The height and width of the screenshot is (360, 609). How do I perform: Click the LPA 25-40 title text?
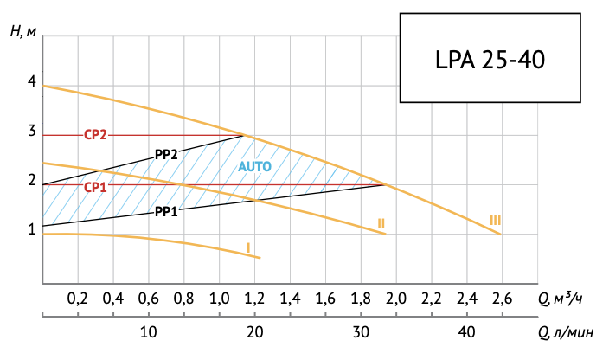coord(489,61)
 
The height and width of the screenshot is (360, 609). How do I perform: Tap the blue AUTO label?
coord(255,165)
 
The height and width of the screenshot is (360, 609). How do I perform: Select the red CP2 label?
coord(95,135)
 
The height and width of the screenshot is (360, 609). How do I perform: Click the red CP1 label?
coord(95,186)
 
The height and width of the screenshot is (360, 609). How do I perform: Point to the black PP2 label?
coord(166,155)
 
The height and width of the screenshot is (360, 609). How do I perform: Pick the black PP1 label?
coord(166,211)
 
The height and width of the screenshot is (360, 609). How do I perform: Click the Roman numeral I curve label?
coord(248,247)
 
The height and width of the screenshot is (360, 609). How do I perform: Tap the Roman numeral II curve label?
coord(381,223)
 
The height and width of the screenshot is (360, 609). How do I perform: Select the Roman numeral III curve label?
coord(495,220)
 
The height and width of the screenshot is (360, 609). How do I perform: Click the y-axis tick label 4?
coord(32,82)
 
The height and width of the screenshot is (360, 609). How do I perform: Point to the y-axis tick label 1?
coord(32,229)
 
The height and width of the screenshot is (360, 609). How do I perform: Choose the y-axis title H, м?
coord(23,32)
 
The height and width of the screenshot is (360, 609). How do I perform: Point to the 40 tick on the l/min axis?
coord(465,332)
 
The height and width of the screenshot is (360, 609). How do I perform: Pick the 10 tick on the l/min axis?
coord(148,332)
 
